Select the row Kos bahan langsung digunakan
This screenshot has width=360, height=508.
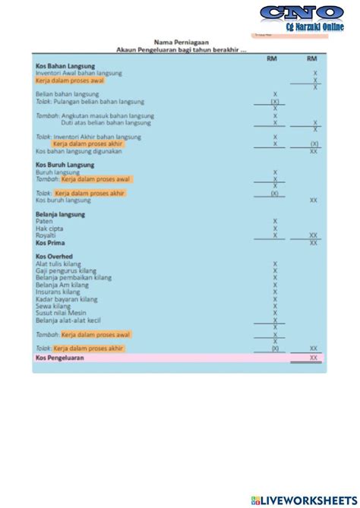(78, 151)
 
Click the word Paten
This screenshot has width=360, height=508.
(44, 222)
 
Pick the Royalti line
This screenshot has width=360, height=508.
(46, 235)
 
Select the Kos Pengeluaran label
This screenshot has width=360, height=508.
(60, 357)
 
